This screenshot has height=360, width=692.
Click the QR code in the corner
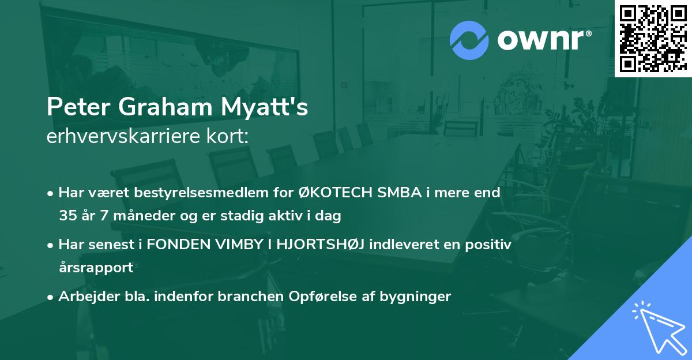point(653,38)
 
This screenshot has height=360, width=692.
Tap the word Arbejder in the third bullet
point(84,297)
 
